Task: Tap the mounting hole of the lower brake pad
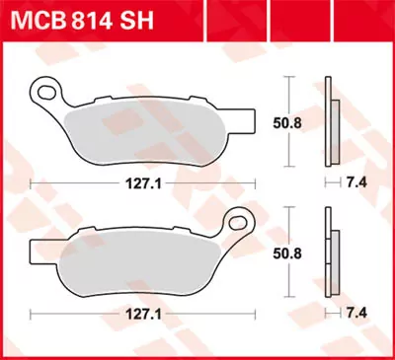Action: tap(237, 218)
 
